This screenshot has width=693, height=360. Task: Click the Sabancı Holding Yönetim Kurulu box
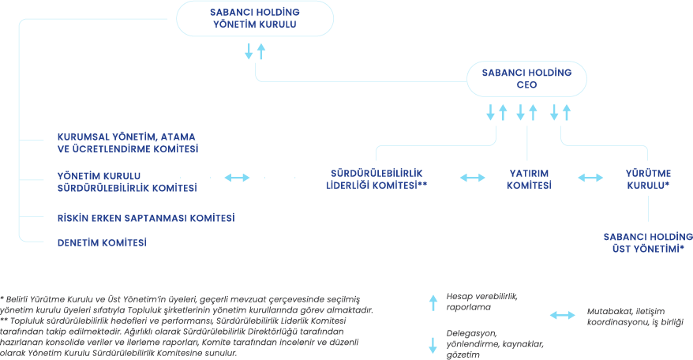click(254, 19)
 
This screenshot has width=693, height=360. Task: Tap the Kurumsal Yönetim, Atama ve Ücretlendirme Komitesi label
click(127, 142)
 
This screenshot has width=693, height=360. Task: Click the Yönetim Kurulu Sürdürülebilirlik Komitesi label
click(127, 181)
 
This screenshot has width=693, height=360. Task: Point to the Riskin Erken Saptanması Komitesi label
click(146, 217)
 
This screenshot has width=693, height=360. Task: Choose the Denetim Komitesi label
click(103, 242)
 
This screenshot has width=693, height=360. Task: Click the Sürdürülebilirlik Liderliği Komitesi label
click(376, 178)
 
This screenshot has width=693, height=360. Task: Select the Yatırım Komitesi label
click(528, 178)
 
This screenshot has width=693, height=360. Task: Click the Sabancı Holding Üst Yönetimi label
click(648, 242)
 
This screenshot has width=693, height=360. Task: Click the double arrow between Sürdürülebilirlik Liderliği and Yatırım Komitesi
click(472, 178)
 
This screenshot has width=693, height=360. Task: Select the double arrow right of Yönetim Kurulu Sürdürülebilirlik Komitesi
click(238, 178)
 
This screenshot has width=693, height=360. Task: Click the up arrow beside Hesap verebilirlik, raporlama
click(432, 300)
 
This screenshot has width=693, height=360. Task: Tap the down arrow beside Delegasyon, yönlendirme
click(432, 344)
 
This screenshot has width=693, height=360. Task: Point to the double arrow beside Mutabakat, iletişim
click(563, 315)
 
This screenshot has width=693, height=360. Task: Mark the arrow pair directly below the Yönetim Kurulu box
click(255, 51)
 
